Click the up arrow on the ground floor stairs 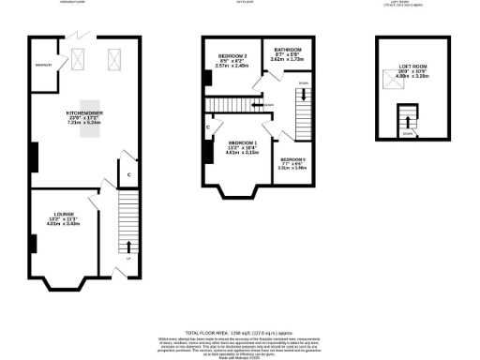tap(127, 247)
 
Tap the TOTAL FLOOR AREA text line tap(239, 333)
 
